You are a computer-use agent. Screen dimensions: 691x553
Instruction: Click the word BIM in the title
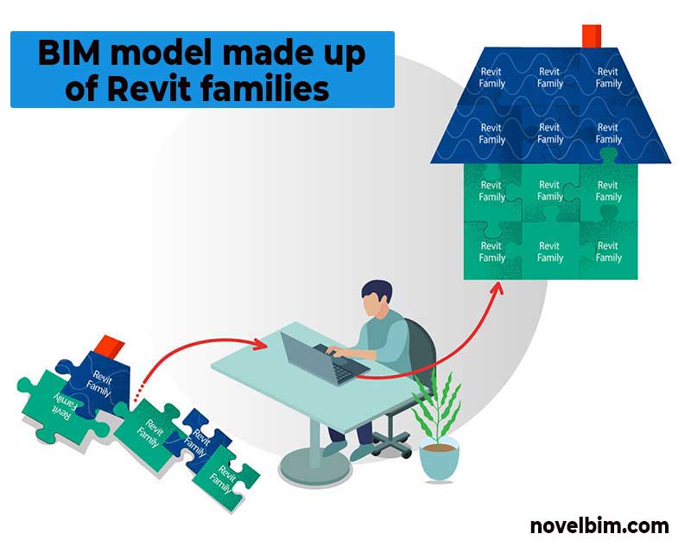(x=70, y=53)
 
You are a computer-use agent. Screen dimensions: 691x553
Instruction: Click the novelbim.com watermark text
(x=599, y=526)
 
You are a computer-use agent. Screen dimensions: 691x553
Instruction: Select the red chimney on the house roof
(x=592, y=35)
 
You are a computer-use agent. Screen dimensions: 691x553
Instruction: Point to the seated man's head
(x=376, y=298)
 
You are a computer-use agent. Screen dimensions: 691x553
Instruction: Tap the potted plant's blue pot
(x=439, y=460)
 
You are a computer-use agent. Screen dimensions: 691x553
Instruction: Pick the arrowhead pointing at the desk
(x=259, y=344)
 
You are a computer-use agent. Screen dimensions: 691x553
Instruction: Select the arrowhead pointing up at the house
(x=498, y=289)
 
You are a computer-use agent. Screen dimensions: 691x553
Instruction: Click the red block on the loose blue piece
(x=110, y=346)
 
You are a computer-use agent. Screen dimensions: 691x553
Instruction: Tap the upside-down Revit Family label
(x=62, y=407)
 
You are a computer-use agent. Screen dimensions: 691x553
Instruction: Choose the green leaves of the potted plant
(x=437, y=408)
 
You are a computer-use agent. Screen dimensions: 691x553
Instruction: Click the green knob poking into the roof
(x=609, y=156)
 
